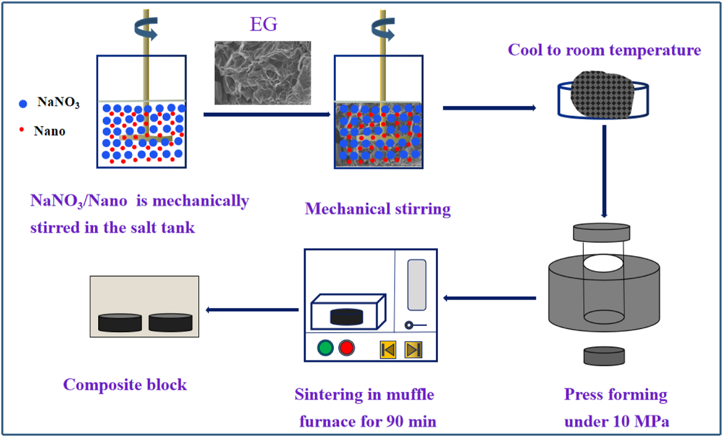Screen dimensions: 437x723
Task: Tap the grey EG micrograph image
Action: click(262, 73)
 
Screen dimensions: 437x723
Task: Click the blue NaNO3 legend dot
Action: click(22, 104)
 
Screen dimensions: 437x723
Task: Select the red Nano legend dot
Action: click(21, 131)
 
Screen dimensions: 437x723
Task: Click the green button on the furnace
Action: click(324, 348)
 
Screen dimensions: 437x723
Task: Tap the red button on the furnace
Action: click(347, 348)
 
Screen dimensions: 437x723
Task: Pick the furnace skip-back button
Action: click(388, 350)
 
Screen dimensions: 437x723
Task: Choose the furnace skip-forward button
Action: click(412, 350)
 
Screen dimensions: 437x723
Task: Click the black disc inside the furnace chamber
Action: click(348, 317)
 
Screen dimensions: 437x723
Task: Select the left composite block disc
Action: click(119, 322)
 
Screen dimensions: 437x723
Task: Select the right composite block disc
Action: click(171, 322)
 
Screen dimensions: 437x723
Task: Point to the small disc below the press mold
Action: click(604, 356)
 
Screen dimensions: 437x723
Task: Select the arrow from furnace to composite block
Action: click(251, 309)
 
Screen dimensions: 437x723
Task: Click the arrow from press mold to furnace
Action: click(490, 298)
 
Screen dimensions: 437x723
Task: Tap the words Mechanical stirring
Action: click(378, 209)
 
